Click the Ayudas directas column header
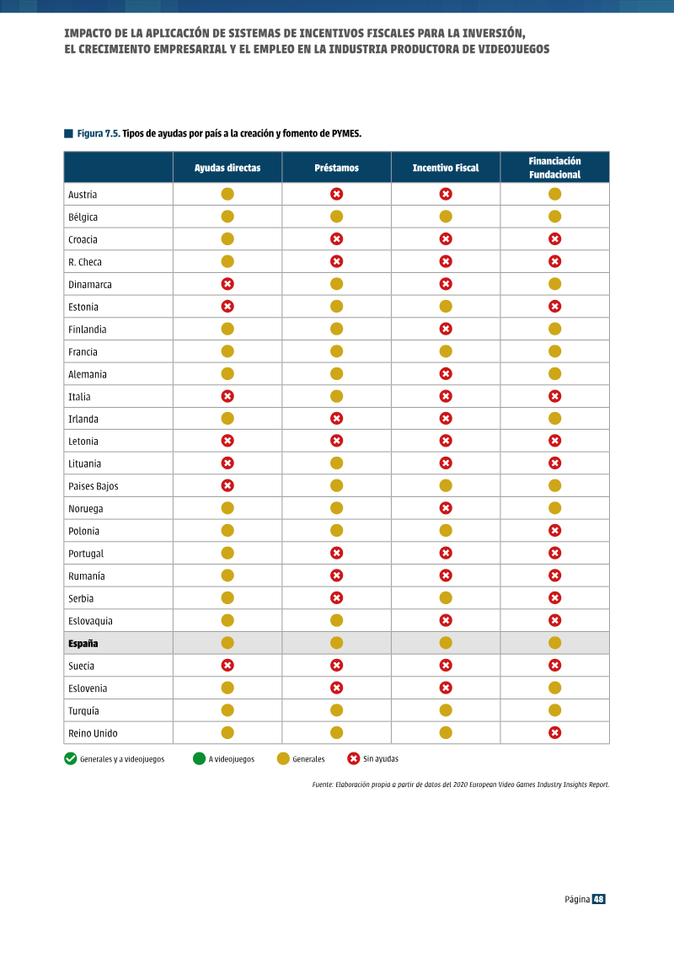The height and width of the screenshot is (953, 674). pyautogui.click(x=227, y=168)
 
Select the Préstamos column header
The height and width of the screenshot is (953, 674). pyautogui.click(x=336, y=168)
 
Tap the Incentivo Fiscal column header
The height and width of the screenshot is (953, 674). pyautogui.click(x=446, y=168)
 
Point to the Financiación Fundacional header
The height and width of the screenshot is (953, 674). pyautogui.click(x=555, y=168)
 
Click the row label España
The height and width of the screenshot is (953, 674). pyautogui.click(x=83, y=643)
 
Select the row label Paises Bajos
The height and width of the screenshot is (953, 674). pyautogui.click(x=93, y=486)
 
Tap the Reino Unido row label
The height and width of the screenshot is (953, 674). pyautogui.click(x=93, y=733)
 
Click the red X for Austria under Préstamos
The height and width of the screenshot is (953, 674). pyautogui.click(x=337, y=194)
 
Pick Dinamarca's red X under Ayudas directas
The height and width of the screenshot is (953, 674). pyautogui.click(x=227, y=284)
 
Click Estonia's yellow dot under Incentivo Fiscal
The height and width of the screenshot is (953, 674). pyautogui.click(x=446, y=307)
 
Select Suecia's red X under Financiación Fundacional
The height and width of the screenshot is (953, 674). pyautogui.click(x=555, y=666)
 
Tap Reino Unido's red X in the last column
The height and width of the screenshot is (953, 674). pyautogui.click(x=555, y=733)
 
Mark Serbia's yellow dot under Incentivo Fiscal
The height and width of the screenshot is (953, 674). pyautogui.click(x=446, y=598)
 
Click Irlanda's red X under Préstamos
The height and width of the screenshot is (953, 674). pyautogui.click(x=337, y=419)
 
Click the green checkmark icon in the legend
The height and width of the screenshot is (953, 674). pyautogui.click(x=71, y=758)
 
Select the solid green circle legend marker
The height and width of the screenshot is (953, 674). pyautogui.click(x=199, y=758)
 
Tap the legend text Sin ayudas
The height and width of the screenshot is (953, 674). pyautogui.click(x=381, y=758)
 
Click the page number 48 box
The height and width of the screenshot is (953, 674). pyautogui.click(x=599, y=899)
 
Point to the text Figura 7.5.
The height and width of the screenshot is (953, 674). pyautogui.click(x=99, y=134)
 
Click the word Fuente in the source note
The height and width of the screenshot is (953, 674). pyautogui.click(x=322, y=784)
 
